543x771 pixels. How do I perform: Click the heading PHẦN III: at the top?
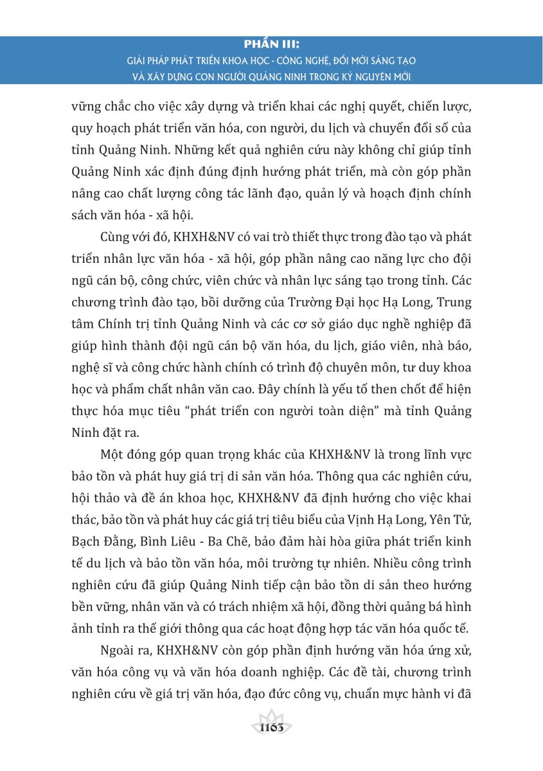(x=272, y=46)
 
